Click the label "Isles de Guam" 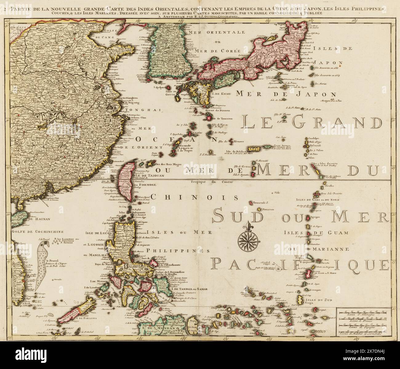pyautogui.click(x=321, y=233)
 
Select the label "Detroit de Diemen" pyautogui.click(x=222, y=110)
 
